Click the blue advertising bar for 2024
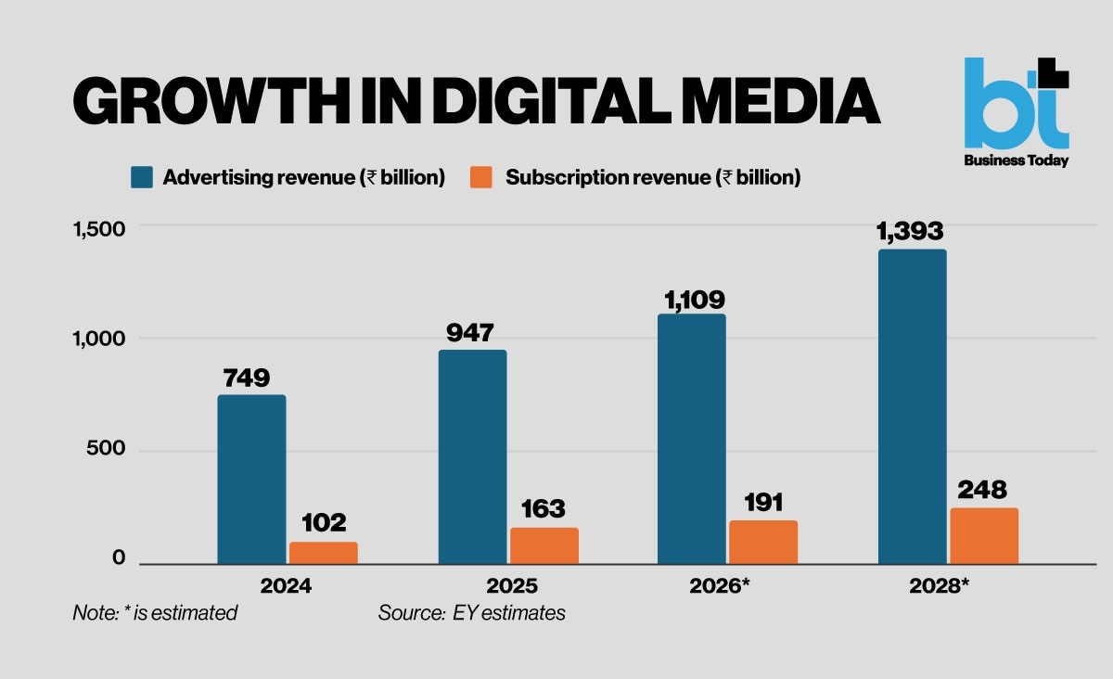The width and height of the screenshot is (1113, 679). pyautogui.click(x=252, y=480)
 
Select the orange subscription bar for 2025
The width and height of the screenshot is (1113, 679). pyautogui.click(x=544, y=545)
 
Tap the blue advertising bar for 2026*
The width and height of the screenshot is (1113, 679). pyautogui.click(x=692, y=439)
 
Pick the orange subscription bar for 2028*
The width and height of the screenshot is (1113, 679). pyautogui.click(x=984, y=536)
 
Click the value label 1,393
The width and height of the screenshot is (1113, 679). pyautogui.click(x=910, y=231)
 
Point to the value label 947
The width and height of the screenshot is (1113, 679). pyautogui.click(x=470, y=332)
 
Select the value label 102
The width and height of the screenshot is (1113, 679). pyautogui.click(x=324, y=523)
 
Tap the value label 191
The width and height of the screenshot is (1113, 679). pyautogui.click(x=763, y=503)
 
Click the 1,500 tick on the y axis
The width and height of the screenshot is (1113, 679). pyautogui.click(x=99, y=229)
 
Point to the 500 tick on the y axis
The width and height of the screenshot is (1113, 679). pyautogui.click(x=106, y=448)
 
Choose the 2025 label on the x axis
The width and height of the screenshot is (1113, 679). pyautogui.click(x=512, y=586)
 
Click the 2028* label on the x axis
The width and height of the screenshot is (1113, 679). pyautogui.click(x=939, y=586)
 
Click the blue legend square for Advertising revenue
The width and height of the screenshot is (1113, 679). pyautogui.click(x=142, y=177)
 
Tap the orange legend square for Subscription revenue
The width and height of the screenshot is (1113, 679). pyautogui.click(x=481, y=177)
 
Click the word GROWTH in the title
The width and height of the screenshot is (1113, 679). pyautogui.click(x=211, y=101)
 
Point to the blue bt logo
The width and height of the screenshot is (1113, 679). pyautogui.click(x=1017, y=103)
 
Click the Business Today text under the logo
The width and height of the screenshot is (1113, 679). pyautogui.click(x=1017, y=160)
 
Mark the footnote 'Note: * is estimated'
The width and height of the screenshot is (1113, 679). pyautogui.click(x=155, y=613)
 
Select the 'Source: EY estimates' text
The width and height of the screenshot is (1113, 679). pyautogui.click(x=471, y=613)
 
